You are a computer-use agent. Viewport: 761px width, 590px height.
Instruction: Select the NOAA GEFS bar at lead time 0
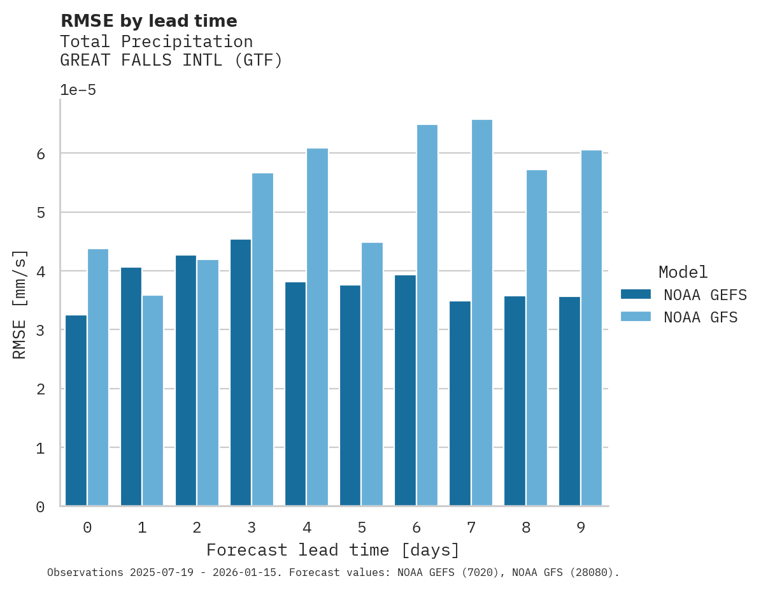click(x=76, y=410)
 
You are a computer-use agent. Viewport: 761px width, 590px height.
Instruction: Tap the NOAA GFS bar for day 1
click(x=153, y=401)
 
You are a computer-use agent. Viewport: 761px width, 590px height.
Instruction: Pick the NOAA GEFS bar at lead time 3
click(x=241, y=373)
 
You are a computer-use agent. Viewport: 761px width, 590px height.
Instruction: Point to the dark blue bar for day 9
click(x=569, y=401)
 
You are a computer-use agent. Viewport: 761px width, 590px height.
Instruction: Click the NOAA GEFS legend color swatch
click(x=636, y=294)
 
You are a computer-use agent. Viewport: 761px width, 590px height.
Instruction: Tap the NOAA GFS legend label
click(x=701, y=317)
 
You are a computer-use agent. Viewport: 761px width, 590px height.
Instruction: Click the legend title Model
click(x=683, y=272)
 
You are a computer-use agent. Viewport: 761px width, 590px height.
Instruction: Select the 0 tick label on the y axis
click(x=39, y=507)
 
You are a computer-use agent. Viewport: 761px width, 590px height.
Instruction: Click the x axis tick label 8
click(x=526, y=528)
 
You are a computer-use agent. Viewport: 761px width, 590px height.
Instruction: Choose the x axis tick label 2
click(x=197, y=528)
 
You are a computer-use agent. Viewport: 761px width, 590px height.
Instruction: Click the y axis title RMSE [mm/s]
click(x=20, y=305)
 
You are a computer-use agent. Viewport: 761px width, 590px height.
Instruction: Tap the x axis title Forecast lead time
click(x=332, y=550)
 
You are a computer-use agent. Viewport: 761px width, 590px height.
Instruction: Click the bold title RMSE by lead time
click(x=148, y=21)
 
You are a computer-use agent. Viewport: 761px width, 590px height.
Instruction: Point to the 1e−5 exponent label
click(x=78, y=90)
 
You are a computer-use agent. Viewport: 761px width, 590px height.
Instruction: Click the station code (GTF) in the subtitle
click(x=257, y=61)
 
